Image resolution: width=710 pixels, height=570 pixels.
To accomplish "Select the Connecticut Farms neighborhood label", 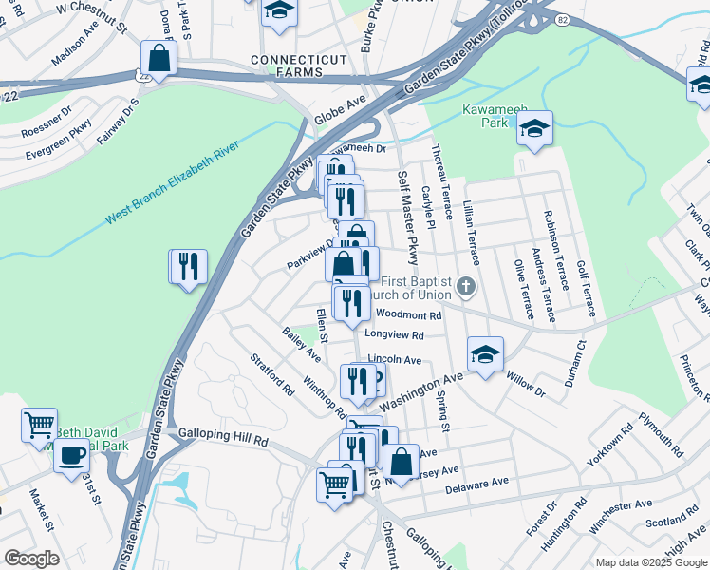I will [x=299, y=66].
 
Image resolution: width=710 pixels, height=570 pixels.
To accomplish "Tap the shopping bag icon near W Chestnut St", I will [x=159, y=60].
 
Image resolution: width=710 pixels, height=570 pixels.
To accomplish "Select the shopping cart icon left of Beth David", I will [x=40, y=427].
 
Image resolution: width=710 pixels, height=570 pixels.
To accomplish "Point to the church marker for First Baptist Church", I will [x=465, y=286].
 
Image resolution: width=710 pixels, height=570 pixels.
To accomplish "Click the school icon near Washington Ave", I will [x=485, y=357].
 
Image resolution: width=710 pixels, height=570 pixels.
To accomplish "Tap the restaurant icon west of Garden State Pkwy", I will [x=188, y=268].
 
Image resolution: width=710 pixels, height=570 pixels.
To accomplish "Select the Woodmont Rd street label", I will [x=409, y=315].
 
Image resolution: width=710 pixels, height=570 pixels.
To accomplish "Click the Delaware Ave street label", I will [x=476, y=484].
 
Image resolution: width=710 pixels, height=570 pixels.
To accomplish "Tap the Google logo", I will [x=31, y=559].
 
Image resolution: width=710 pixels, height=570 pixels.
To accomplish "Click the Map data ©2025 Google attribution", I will [x=650, y=562].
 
